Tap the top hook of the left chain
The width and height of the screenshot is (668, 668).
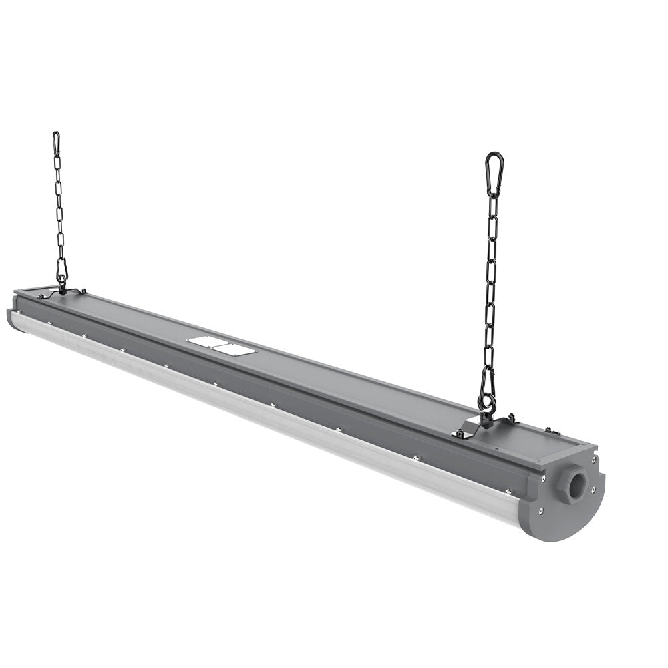pos(56,142)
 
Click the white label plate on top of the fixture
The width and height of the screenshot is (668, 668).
pos(221,345)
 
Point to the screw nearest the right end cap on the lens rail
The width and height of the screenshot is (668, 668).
pos(507,492)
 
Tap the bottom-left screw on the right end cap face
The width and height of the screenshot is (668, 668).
pos(540,511)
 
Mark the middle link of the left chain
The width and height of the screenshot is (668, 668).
pos(59,207)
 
